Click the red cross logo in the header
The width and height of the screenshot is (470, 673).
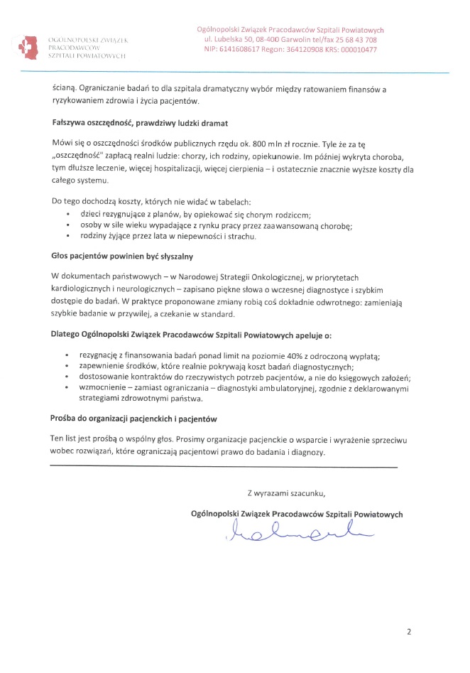tap(27, 45)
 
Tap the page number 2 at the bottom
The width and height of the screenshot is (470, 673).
tap(409, 631)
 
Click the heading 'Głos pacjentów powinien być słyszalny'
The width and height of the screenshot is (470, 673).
tap(123, 255)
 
